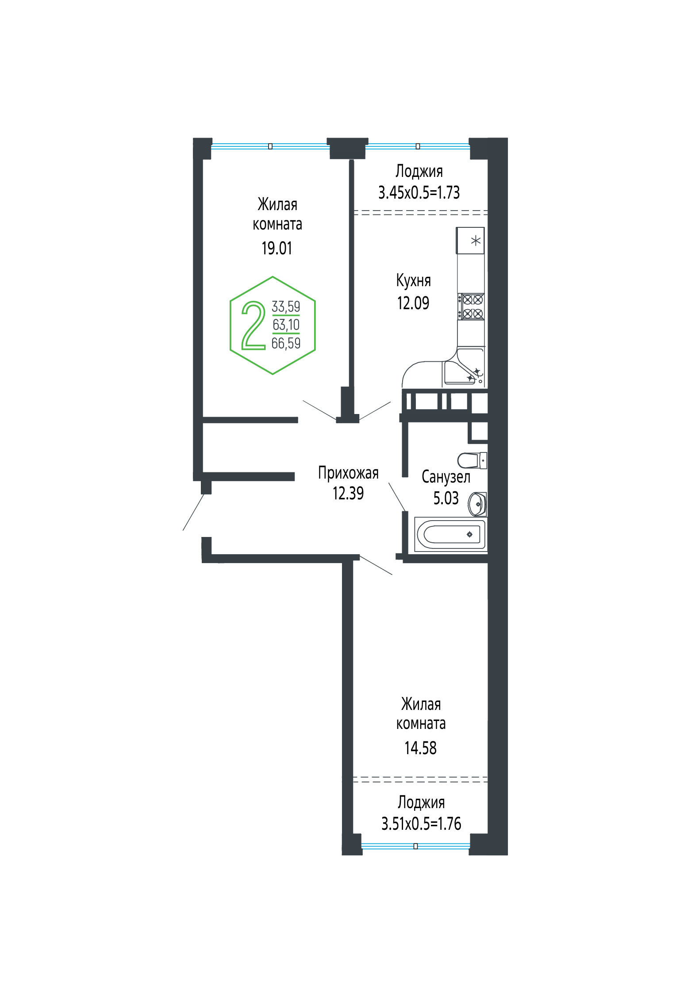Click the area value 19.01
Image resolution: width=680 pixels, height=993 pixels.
coord(277,248)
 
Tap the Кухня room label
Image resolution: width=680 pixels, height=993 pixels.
coord(413,280)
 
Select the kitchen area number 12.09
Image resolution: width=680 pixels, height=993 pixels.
coord(413,303)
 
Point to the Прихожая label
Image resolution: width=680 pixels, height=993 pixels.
coord(348,473)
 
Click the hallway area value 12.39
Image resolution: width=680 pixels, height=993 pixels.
coord(348,493)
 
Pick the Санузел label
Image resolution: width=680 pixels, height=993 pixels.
coord(446,477)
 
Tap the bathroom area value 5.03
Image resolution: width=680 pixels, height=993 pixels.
coord(446,498)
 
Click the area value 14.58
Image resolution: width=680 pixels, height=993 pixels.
coord(420,748)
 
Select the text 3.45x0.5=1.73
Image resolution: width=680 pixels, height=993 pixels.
coord(419,192)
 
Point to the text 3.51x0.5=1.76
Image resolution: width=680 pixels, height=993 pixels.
coord(421,823)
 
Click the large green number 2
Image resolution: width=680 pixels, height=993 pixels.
coord(254,326)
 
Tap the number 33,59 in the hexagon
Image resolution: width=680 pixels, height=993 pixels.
coord(286,307)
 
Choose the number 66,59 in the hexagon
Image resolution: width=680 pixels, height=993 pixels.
coord(286,343)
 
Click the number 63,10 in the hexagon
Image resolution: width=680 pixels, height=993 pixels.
coord(286,325)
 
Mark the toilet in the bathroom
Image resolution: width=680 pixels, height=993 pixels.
coord(472,460)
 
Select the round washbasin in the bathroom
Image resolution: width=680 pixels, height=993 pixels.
coord(477,504)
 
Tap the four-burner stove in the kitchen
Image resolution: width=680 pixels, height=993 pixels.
coord(471,307)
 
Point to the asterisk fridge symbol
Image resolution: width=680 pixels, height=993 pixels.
coord(471,241)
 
